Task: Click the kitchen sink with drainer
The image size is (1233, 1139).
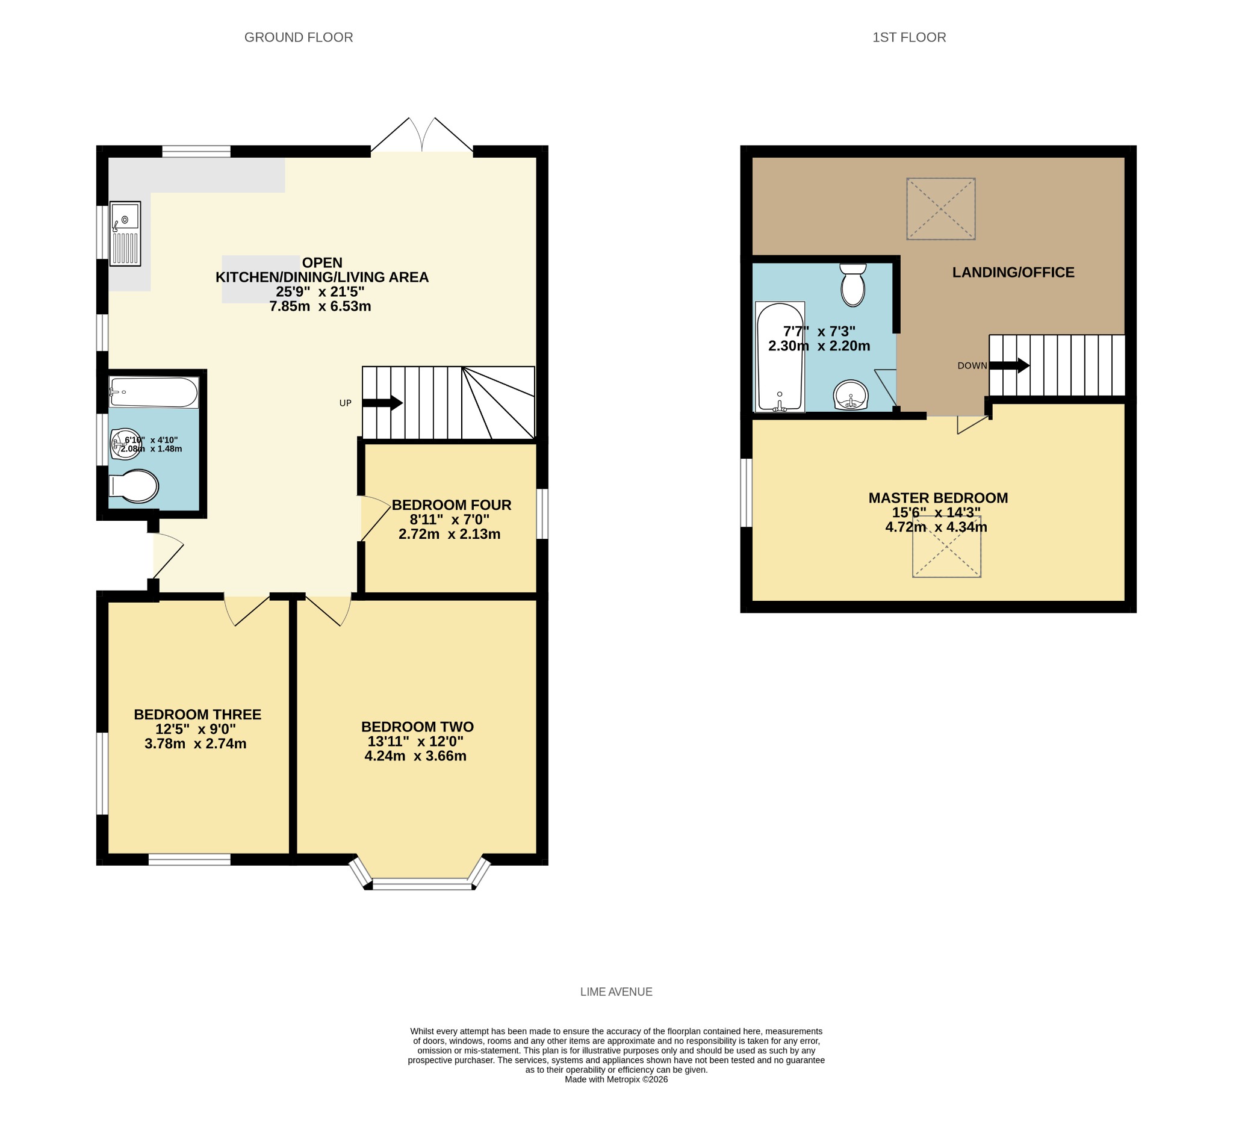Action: [125, 234]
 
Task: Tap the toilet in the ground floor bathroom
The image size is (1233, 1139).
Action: [134, 486]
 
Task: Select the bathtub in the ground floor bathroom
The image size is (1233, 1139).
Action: [154, 392]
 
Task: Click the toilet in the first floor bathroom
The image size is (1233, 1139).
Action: [853, 285]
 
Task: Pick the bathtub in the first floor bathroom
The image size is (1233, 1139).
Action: [780, 356]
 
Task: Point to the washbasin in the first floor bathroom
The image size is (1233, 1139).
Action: [851, 395]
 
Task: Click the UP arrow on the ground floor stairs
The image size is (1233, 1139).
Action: [382, 403]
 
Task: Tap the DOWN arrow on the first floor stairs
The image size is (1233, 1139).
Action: [1009, 365]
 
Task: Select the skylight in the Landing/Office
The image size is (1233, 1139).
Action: [941, 209]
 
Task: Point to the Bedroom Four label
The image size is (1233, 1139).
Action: [452, 504]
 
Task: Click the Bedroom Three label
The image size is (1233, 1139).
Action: [197, 715]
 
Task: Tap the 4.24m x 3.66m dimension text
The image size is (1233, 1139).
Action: [415, 756]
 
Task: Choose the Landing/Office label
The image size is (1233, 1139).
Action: [1013, 273]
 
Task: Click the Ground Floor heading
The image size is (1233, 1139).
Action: [299, 37]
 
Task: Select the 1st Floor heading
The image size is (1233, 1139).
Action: [909, 37]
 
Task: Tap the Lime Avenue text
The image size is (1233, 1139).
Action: [616, 992]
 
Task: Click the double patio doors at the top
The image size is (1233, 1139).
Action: [422, 134]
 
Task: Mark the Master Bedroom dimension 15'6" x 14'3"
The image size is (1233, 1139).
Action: [936, 512]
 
